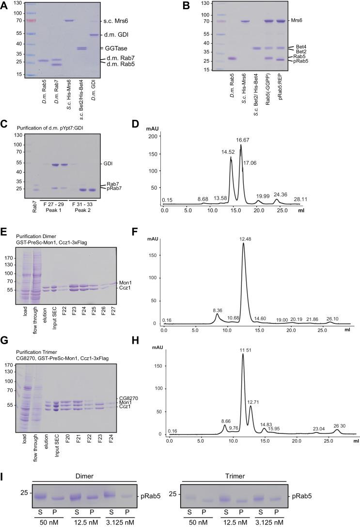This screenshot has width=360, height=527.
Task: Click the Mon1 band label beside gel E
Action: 124,281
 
